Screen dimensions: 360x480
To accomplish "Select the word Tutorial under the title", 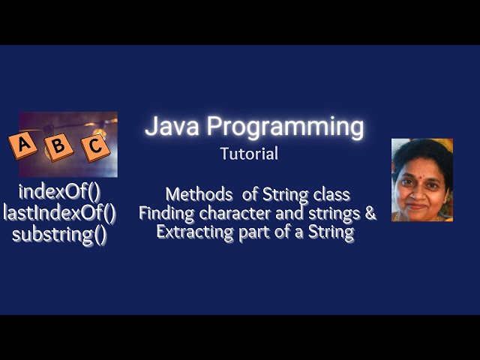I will pyautogui.click(x=249, y=154).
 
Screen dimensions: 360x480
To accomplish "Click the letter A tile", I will pyautogui.click(x=23, y=144).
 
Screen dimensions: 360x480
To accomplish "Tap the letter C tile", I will pyautogui.click(x=94, y=146).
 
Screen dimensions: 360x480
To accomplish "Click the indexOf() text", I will pyautogui.click(x=59, y=191).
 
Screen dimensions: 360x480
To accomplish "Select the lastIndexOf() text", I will pyautogui.click(x=59, y=213).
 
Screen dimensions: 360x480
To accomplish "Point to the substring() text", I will pyautogui.click(x=59, y=235).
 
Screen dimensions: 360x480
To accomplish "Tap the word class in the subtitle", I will pyautogui.click(x=333, y=195).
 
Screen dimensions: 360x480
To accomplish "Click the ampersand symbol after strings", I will pyautogui.click(x=370, y=214).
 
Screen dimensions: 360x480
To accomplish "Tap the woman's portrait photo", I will pyautogui.click(x=421, y=180).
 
